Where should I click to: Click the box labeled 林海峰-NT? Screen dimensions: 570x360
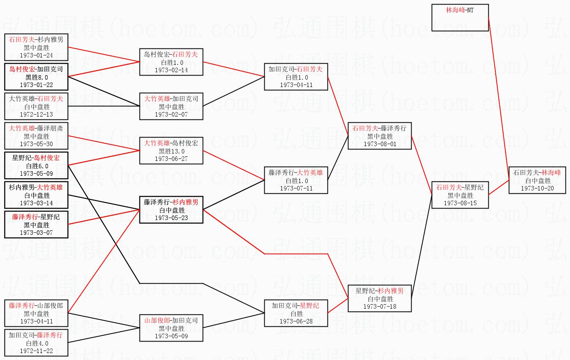(x=460, y=17)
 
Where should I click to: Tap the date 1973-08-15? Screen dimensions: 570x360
(x=460, y=203)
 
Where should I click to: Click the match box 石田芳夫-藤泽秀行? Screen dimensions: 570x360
(x=379, y=136)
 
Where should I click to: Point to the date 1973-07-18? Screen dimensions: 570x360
(x=379, y=307)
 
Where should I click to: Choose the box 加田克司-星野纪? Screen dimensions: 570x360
(x=296, y=313)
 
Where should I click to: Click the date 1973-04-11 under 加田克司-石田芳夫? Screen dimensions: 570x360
(x=296, y=85)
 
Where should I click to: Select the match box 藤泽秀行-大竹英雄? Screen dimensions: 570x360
(x=296, y=180)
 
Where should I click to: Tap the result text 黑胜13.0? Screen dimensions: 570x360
(x=171, y=151)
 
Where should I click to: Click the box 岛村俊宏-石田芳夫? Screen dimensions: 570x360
(x=171, y=62)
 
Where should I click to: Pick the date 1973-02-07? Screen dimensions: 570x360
(x=171, y=115)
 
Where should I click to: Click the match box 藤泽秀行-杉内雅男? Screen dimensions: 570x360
(x=171, y=210)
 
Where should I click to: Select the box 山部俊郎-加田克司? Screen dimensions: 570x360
(x=171, y=328)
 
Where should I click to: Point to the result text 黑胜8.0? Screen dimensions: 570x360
(x=37, y=77)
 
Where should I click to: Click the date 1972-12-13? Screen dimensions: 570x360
(x=37, y=115)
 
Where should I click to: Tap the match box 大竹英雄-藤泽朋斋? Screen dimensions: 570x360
(x=37, y=136)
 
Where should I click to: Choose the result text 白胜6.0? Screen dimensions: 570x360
(x=37, y=166)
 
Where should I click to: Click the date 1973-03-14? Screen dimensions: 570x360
(x=37, y=203)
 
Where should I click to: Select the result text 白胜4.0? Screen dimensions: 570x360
(x=37, y=343)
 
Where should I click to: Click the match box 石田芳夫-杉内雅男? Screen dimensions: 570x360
(x=37, y=47)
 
